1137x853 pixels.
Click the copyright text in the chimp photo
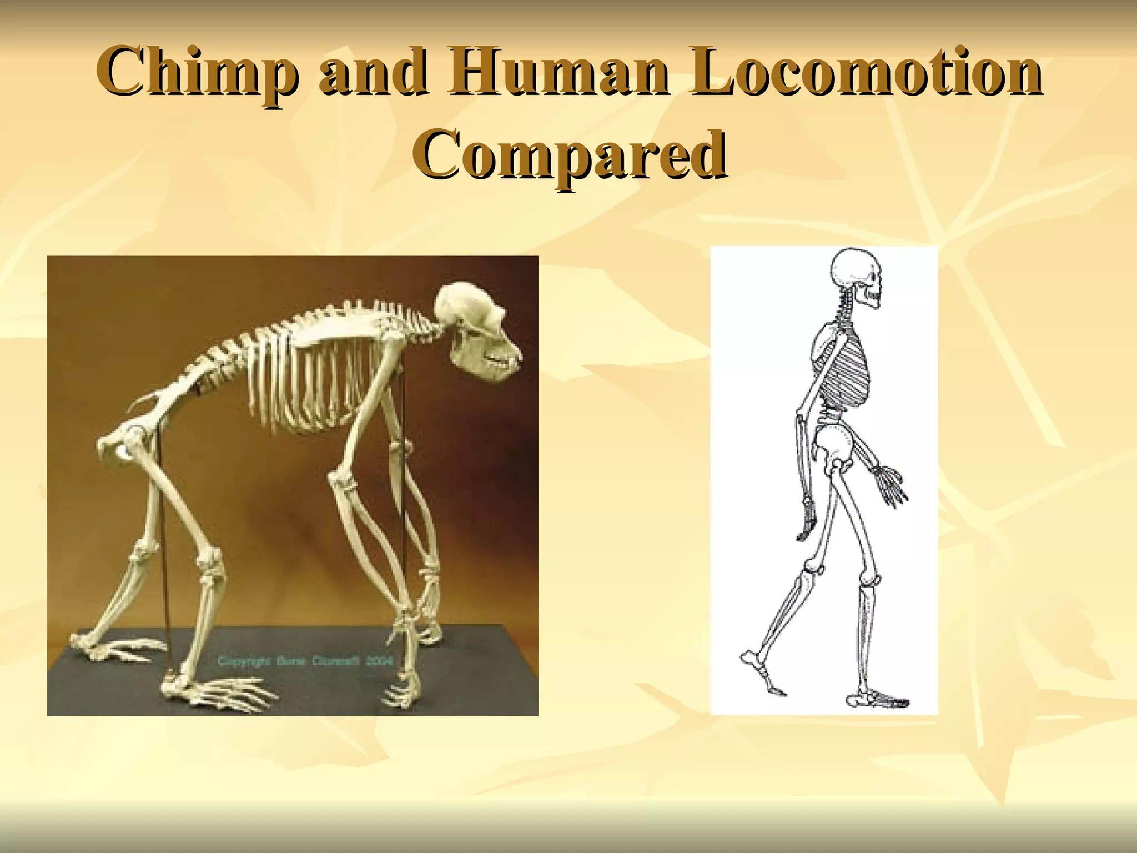click(305, 661)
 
